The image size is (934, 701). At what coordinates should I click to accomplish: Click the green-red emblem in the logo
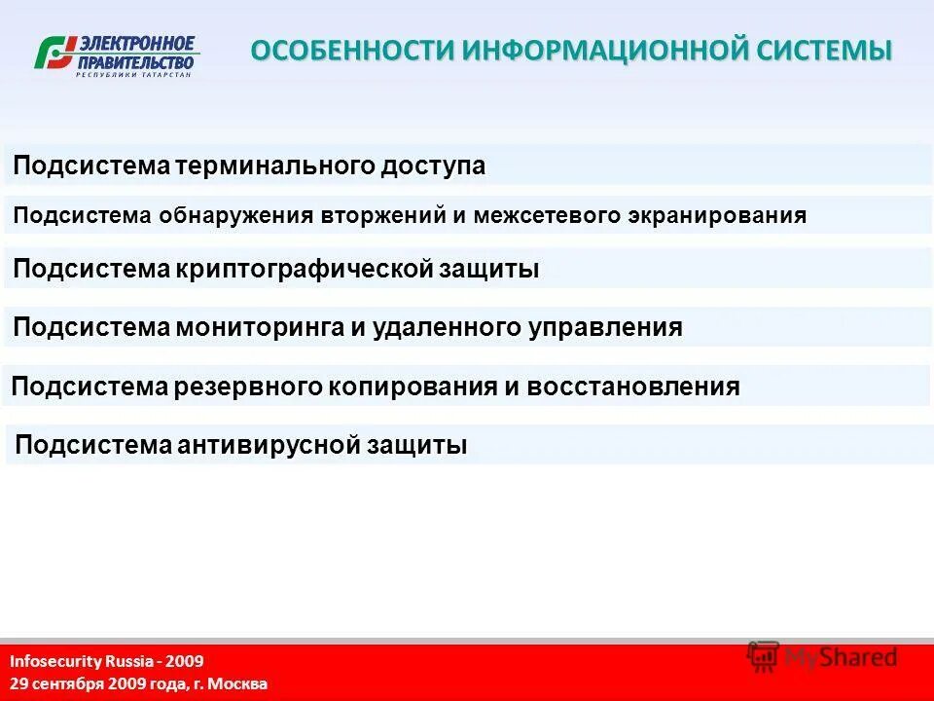(55, 54)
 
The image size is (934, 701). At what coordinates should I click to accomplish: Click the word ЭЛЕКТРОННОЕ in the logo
(136, 44)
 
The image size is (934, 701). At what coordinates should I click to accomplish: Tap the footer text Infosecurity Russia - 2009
(107, 661)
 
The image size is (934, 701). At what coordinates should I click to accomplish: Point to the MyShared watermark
(822, 657)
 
